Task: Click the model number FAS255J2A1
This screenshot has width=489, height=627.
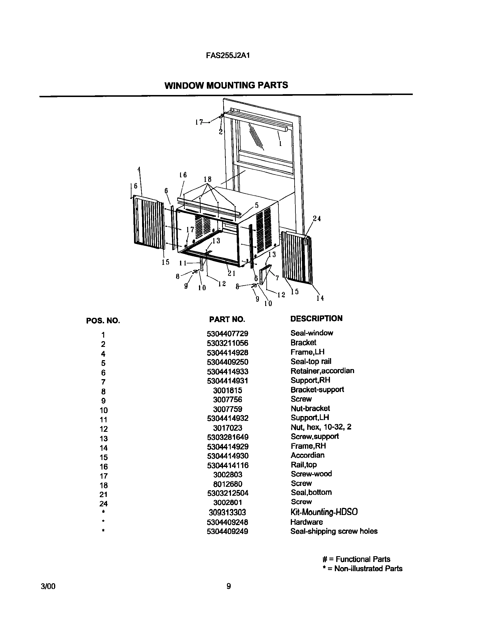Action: (x=227, y=56)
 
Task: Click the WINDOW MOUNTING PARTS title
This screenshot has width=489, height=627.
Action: (x=226, y=85)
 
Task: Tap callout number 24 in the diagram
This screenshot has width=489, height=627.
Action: (x=317, y=219)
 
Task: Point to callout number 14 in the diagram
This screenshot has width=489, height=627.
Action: (x=320, y=299)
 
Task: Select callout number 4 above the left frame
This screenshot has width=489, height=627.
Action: (x=139, y=170)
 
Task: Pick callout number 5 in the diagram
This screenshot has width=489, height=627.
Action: (x=257, y=205)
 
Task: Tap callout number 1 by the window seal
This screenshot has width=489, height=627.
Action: (x=280, y=143)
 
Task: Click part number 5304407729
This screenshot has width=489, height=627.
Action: (x=227, y=334)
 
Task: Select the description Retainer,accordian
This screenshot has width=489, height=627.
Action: (x=322, y=371)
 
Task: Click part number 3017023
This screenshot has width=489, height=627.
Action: (x=228, y=428)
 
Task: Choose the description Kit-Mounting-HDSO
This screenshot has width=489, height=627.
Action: (x=324, y=512)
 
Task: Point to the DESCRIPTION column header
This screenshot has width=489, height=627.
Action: (x=316, y=319)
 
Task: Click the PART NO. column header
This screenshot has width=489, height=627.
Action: (x=227, y=319)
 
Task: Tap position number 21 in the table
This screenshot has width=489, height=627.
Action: (x=103, y=494)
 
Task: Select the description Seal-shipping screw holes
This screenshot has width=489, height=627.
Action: (x=334, y=531)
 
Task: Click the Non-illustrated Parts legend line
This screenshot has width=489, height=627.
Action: (x=362, y=569)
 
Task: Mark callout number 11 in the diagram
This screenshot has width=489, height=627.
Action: (x=183, y=263)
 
